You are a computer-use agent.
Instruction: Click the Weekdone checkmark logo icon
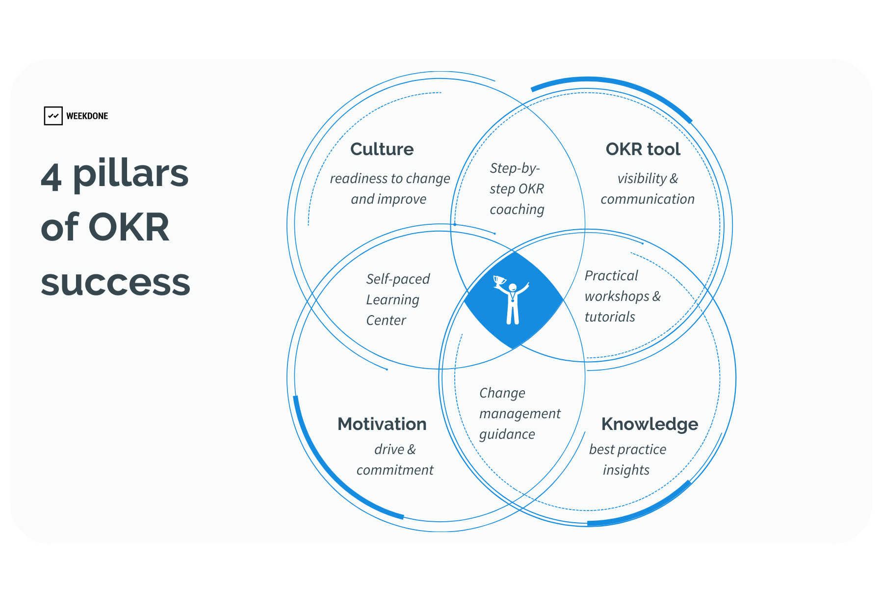pyautogui.click(x=53, y=116)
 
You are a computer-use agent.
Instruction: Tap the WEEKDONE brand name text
pyautogui.click(x=87, y=116)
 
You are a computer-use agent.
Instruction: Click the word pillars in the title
pyautogui.click(x=130, y=175)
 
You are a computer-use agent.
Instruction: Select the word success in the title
pyautogui.click(x=116, y=283)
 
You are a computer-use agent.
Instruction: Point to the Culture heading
pyautogui.click(x=382, y=149)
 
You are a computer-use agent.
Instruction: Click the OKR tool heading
pyautogui.click(x=643, y=149)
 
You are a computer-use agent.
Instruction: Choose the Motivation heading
pyautogui.click(x=382, y=424)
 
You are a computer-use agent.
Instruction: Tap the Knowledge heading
pyautogui.click(x=649, y=424)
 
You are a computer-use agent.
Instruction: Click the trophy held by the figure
pyautogui.click(x=500, y=281)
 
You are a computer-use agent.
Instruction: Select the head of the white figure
pyautogui.click(x=513, y=287)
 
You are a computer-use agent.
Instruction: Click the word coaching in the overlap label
pyautogui.click(x=517, y=210)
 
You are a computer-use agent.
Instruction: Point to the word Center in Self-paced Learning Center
pyautogui.click(x=386, y=321)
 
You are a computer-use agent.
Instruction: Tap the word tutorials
pyautogui.click(x=610, y=317)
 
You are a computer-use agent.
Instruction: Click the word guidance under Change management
pyautogui.click(x=507, y=434)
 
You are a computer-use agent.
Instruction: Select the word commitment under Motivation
pyautogui.click(x=395, y=470)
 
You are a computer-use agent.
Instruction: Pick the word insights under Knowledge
pyautogui.click(x=626, y=470)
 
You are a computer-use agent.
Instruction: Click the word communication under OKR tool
pyautogui.click(x=648, y=199)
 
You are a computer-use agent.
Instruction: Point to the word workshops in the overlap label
pyautogui.click(x=617, y=296)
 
